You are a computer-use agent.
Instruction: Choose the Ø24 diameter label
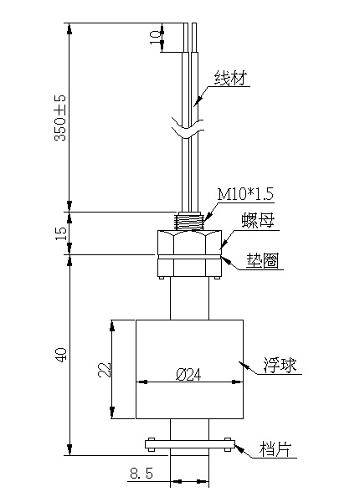coord(188,376)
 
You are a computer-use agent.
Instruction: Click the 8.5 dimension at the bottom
coord(141,474)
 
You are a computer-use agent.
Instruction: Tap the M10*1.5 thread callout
coord(244,194)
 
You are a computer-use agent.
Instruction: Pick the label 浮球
coord(280,366)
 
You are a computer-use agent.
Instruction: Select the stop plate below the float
coord(189,443)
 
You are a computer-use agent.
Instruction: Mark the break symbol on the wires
coord(189,129)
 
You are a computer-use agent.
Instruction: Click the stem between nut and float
coord(189,298)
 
